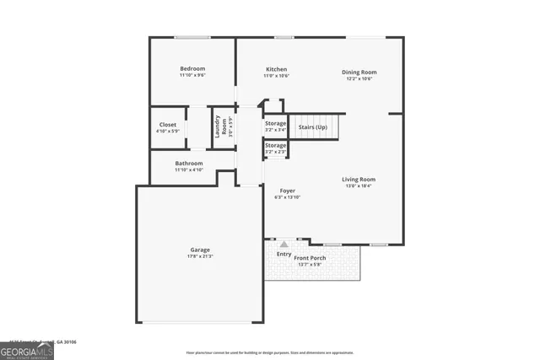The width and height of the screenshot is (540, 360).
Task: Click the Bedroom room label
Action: [x=192, y=68]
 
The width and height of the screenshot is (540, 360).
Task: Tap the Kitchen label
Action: [x=276, y=69]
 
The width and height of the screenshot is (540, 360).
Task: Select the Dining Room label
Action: [x=359, y=72]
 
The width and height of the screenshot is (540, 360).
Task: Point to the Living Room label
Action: [x=359, y=179]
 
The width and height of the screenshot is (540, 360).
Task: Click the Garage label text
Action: [x=200, y=250]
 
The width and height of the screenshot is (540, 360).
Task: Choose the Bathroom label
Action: [x=189, y=163]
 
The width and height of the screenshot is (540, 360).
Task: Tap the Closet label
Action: [x=168, y=125]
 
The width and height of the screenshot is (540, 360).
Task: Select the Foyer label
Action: [x=287, y=191]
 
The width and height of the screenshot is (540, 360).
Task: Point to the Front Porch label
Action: [x=310, y=258]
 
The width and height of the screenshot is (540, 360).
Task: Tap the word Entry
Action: [x=283, y=254]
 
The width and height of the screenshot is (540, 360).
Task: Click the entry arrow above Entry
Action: [x=283, y=244]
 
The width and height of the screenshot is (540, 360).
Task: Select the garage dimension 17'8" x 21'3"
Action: [x=200, y=256]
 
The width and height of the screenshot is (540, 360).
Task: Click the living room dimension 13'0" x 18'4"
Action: [x=359, y=185]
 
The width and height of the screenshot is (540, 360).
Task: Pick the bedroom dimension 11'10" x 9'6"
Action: [x=192, y=75]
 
